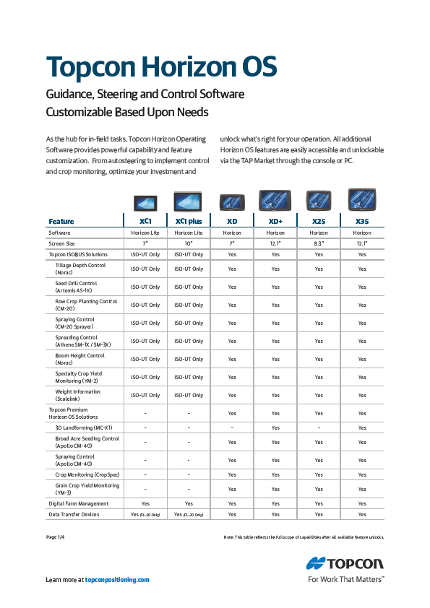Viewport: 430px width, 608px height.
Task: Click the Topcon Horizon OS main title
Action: tap(161, 67)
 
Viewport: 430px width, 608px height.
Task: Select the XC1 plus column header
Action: tap(189, 221)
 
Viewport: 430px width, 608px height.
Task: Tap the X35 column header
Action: tap(362, 221)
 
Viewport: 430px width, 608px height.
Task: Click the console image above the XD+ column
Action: tap(275, 200)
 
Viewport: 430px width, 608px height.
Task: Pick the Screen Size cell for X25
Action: tap(319, 243)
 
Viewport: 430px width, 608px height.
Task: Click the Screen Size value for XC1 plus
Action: tap(189, 243)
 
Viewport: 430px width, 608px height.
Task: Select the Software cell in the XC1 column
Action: tap(145, 233)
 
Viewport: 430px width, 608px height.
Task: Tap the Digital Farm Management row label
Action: tap(78, 503)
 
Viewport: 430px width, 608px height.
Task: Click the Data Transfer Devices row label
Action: tap(74, 514)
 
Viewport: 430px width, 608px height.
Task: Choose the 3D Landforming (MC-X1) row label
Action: tap(83, 427)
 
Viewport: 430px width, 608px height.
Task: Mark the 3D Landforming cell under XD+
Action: tap(275, 427)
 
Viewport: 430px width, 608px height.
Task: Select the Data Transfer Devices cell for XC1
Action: tap(145, 514)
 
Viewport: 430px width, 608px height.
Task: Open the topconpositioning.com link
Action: tap(117, 580)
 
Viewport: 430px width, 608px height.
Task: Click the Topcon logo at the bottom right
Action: tap(345, 563)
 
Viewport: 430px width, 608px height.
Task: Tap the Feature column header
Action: tap(61, 221)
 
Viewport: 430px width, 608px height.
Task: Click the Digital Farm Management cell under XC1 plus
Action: tap(189, 503)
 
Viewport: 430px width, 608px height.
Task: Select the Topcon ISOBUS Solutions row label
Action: tap(78, 254)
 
